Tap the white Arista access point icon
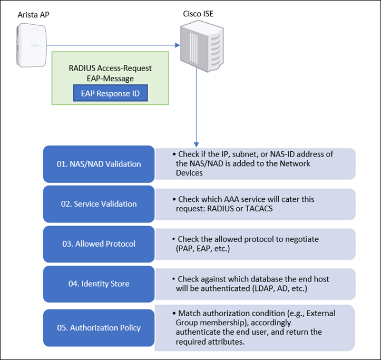tap(33, 46)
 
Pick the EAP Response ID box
tap(110, 93)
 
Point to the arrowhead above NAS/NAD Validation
tap(197, 144)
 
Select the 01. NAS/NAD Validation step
tap(99, 164)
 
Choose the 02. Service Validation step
tap(99, 203)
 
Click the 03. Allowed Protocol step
tap(99, 244)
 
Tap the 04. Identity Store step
tap(99, 284)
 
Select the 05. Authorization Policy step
tap(99, 327)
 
